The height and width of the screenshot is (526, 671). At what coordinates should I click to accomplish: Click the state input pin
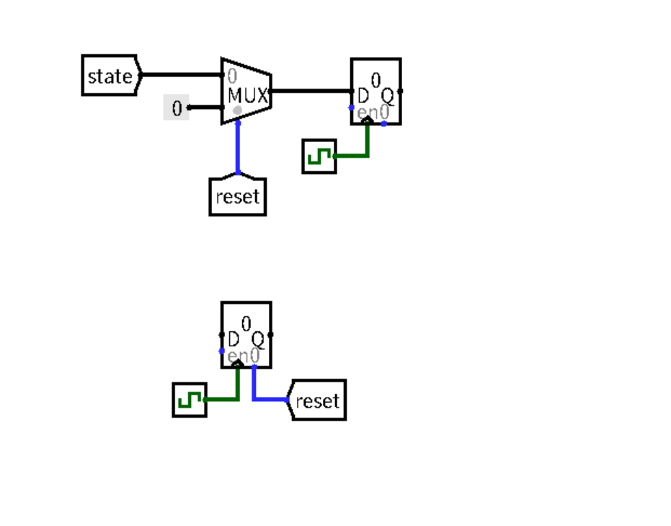coord(110,76)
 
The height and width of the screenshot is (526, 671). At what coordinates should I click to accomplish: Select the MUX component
coord(246,91)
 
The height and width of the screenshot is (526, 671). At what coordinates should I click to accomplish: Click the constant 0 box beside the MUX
coord(177,108)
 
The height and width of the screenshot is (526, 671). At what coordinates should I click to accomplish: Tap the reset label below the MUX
coord(238,196)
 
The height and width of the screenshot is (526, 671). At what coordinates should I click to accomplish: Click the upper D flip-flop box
coord(376,91)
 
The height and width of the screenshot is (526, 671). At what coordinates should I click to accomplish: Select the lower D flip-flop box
coord(246,334)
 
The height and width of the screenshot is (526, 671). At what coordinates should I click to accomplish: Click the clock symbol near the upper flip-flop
coord(319,157)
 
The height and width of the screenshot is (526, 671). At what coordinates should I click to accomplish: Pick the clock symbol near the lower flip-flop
coord(190,400)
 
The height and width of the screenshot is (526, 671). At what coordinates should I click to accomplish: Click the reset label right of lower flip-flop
coord(317,400)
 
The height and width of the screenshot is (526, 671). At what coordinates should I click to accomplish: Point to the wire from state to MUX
coord(180,75)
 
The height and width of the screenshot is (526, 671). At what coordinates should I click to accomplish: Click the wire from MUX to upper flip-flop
coord(310,91)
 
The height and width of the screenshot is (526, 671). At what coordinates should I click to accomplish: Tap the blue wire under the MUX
coord(238,148)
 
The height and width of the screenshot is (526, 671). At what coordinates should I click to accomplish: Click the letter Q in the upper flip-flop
coord(388,96)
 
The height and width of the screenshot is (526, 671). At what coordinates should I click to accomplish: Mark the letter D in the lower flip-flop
coord(234,339)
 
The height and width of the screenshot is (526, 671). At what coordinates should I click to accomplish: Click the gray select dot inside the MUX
coord(238,110)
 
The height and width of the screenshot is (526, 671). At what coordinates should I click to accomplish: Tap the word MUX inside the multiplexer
coord(247,95)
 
